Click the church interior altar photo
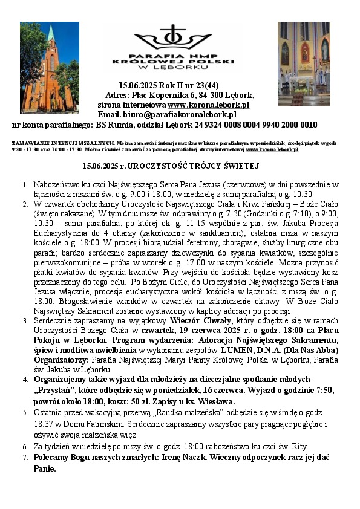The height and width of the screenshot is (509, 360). (x=304, y=63)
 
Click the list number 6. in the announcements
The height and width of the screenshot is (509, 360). (x=25, y=446)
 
